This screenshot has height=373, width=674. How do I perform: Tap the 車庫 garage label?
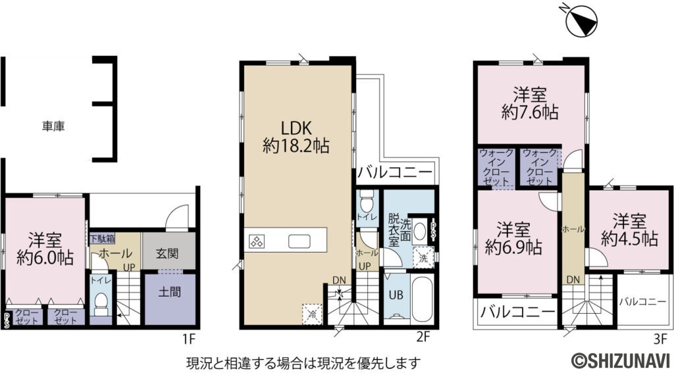coord(53,125)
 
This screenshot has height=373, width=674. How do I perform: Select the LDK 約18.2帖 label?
coord(296,136)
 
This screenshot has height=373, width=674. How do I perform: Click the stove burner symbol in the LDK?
coord(256,241)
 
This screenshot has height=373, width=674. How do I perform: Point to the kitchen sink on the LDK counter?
coord(299,241)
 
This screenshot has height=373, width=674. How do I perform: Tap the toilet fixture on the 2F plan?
coord(367,198)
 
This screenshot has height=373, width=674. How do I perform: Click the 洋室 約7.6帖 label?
coord(530,103)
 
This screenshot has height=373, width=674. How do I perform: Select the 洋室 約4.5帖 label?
coord(630,230)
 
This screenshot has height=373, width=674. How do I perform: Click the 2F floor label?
coord(423,339)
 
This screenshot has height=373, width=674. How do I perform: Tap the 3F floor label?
coord(660,339)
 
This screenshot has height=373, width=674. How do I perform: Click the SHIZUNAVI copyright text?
coord(620,361)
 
